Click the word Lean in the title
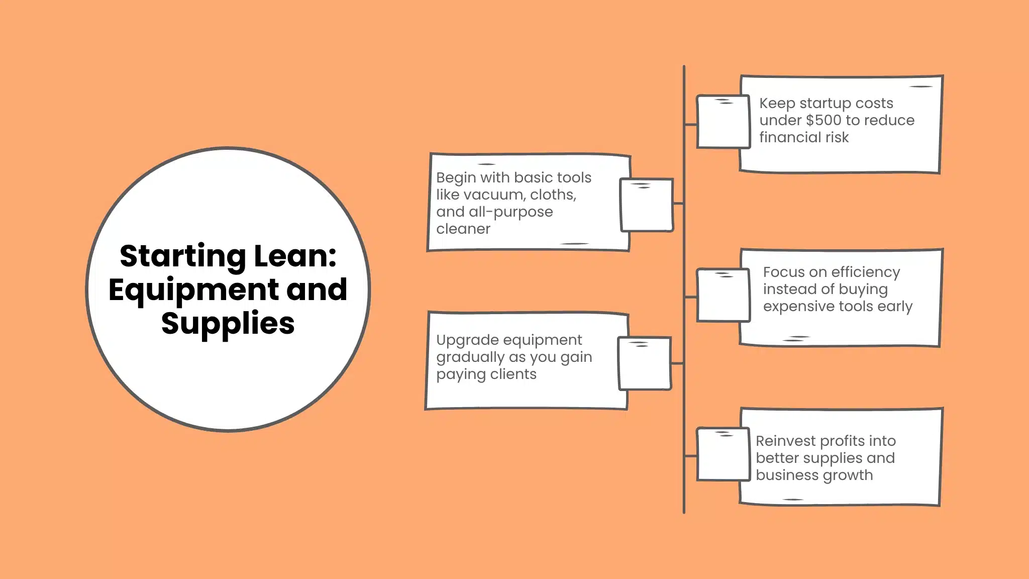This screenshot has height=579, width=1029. pos(295,256)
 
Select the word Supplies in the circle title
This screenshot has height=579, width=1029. pos(228,323)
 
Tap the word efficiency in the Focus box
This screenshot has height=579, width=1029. pos(866,272)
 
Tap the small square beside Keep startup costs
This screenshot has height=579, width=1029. pos(723,122)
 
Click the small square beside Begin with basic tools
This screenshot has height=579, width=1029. pos(647,205)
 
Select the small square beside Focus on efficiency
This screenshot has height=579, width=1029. pos(723,296)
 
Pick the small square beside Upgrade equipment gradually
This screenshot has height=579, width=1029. pos(645,363)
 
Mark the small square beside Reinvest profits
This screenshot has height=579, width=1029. pos(723,454)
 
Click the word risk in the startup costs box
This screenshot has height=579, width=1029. pos(836,138)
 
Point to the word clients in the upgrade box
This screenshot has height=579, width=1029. pos(513,374)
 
